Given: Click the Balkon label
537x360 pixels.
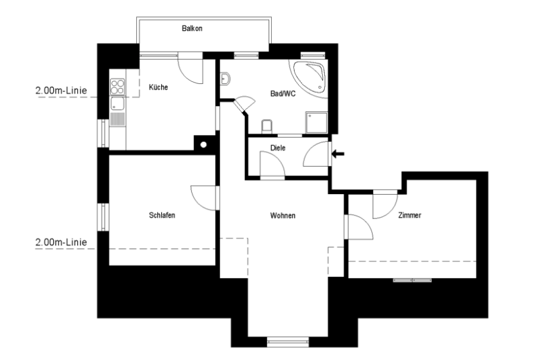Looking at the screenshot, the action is [x=192, y=28].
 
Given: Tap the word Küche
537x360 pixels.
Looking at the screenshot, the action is [x=158, y=87].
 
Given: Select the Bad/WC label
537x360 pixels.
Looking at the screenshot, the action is [x=283, y=93].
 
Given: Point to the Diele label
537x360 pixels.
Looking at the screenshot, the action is [x=278, y=148].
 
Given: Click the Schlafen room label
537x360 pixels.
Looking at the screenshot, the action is [x=162, y=215].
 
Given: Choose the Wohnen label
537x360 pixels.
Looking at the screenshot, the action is [x=283, y=216].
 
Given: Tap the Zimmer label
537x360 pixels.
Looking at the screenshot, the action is [x=409, y=215].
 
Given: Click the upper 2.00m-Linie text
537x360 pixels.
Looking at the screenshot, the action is [x=61, y=91].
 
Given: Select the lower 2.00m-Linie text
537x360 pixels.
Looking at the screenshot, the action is [x=61, y=242].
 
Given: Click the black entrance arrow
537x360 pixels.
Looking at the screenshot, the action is [x=338, y=154].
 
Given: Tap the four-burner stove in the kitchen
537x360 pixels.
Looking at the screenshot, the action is [x=117, y=87].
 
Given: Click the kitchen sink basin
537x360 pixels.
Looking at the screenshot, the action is [x=117, y=104].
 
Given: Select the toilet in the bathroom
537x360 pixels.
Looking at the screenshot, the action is [x=266, y=126].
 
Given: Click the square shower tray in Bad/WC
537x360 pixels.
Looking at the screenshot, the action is [x=316, y=122].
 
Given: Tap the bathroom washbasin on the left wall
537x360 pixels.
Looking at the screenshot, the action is [x=225, y=79].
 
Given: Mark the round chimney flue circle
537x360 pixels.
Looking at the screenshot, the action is [x=204, y=144].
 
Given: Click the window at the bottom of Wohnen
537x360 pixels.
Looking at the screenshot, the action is [x=288, y=341].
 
